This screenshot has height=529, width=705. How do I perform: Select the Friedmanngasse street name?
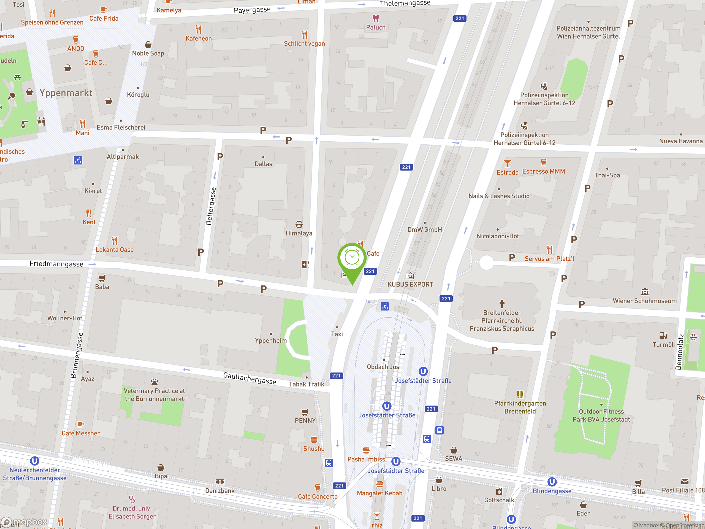coord(56,264)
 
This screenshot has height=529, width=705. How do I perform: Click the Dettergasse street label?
coord(211,206)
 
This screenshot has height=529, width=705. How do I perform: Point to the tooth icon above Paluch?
coord(376,18)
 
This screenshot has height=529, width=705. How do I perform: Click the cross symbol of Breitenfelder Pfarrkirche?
coord(502,303)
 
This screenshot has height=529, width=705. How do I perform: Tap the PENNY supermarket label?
coord(305,421)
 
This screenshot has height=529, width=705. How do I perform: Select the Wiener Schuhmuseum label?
coord(644,301)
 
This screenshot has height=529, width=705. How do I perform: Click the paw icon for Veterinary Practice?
coord(154,382)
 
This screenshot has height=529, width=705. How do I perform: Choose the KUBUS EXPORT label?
coord(410,284)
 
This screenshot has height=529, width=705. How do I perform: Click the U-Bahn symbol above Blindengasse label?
coord(552,482)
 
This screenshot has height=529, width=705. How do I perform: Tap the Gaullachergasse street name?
coord(250,378)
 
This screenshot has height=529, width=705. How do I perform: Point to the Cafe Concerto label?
coord(318,496)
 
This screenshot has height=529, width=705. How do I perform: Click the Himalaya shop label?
coord(299,233)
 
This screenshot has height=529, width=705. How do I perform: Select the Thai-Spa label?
coord(607,175)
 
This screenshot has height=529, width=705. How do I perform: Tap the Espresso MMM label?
coord(543,171)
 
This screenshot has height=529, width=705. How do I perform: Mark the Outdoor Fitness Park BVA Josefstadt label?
coord(601,415)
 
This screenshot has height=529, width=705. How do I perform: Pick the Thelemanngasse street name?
coord(405,4)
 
